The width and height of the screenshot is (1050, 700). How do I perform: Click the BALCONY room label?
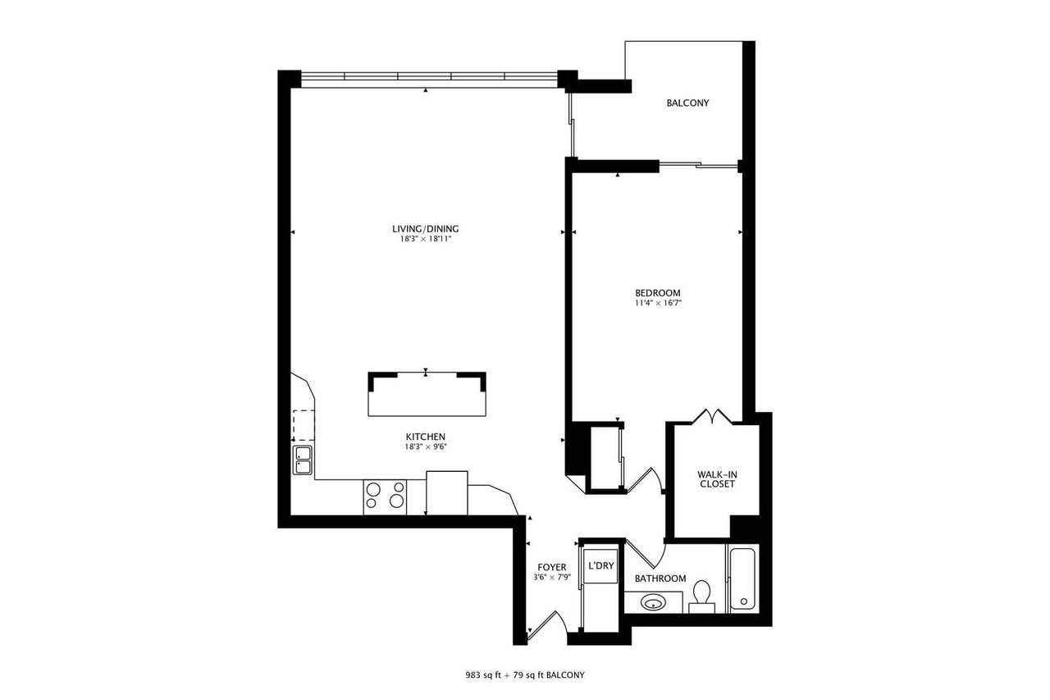tap(687, 103)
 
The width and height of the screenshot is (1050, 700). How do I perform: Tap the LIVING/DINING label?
tap(425, 229)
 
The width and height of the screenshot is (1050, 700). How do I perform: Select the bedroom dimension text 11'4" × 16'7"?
tap(658, 303)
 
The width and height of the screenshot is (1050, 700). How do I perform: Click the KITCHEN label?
tap(425, 437)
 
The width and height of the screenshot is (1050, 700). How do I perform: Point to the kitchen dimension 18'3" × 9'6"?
tap(426, 446)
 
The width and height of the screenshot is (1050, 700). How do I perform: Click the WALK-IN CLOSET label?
tap(717, 479)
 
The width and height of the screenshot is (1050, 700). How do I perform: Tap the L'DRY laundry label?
tap(601, 566)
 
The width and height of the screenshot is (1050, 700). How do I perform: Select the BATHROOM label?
tap(660, 579)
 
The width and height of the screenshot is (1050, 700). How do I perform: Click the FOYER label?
tap(552, 567)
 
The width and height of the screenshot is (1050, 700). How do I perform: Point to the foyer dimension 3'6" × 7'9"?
tap(552, 577)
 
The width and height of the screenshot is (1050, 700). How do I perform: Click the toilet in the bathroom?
tap(701, 597)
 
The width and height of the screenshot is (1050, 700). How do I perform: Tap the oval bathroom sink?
tap(653, 602)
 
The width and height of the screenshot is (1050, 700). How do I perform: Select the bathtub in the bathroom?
tap(742, 579)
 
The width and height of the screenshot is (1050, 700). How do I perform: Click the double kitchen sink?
tap(303, 460)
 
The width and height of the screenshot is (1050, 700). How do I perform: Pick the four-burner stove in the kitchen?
tap(385, 497)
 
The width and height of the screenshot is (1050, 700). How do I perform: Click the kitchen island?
tap(427, 394)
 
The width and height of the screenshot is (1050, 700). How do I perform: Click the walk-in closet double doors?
tap(713, 416)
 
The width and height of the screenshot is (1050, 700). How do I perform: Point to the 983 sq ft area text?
tap(484, 675)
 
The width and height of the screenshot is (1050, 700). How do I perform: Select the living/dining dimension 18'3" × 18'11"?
tap(425, 239)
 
